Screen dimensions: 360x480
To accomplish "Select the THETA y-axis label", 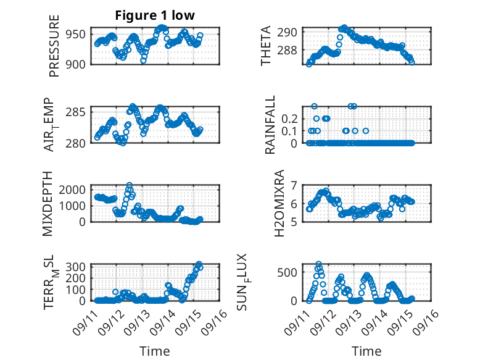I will click(266, 46).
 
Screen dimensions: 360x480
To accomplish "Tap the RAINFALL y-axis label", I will click(270, 125).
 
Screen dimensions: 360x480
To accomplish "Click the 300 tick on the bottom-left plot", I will click(78, 266).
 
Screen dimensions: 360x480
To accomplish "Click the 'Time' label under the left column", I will click(155, 351).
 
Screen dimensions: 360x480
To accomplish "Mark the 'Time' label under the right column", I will click(366, 351).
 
